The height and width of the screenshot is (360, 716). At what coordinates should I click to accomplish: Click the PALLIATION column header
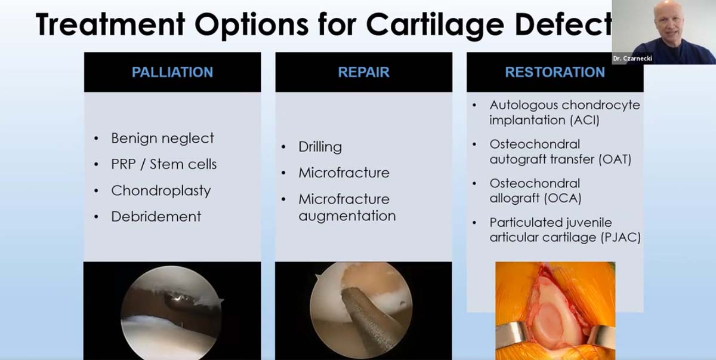(172, 72)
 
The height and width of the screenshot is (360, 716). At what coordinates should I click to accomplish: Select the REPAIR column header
(363, 72)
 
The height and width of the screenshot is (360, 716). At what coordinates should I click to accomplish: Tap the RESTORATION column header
(555, 72)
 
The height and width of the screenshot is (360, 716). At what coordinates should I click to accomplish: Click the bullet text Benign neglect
(162, 138)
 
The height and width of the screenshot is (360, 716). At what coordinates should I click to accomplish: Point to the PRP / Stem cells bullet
(163, 164)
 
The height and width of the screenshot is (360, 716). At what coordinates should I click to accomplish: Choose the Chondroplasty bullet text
(161, 190)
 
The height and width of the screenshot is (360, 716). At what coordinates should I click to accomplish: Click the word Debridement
(156, 216)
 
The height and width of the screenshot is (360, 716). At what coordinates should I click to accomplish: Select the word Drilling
(320, 147)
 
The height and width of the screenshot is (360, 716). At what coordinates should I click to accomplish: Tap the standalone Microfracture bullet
(344, 173)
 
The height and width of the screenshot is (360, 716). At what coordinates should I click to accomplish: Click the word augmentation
(347, 216)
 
